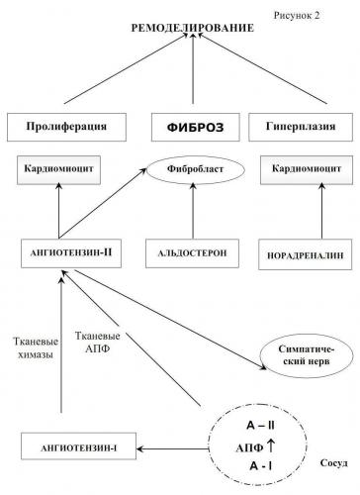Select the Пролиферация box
click(x=68, y=128)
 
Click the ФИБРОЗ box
click(x=192, y=128)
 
